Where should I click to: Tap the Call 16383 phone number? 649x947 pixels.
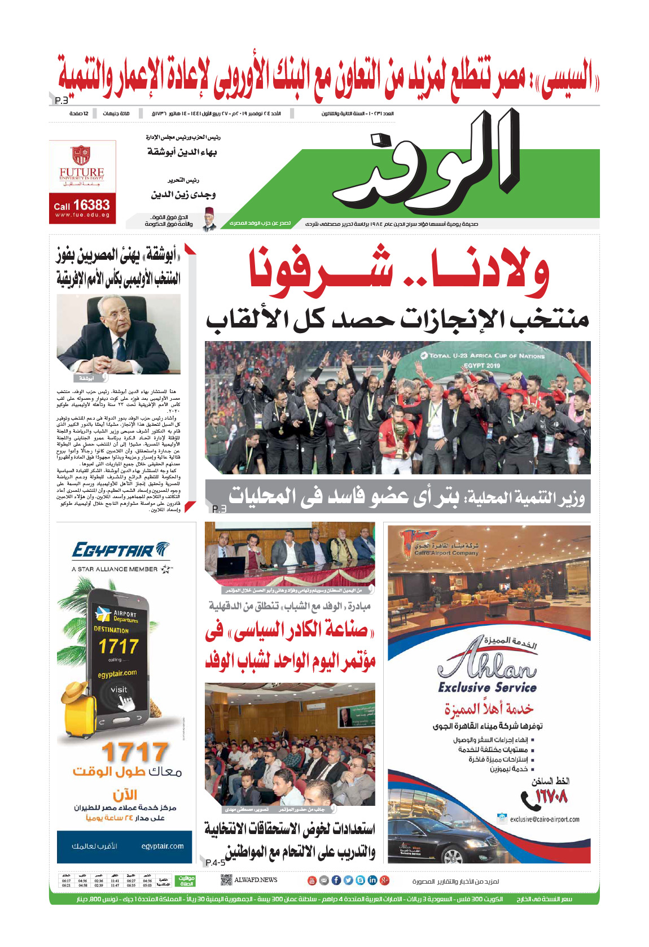click(82, 205)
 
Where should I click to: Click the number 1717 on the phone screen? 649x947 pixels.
click(118, 646)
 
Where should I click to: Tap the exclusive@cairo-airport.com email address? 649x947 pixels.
click(544, 819)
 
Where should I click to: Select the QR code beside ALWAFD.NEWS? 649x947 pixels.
click(226, 880)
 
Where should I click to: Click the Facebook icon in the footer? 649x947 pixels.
click(336, 880)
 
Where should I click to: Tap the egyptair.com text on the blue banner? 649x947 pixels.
click(163, 846)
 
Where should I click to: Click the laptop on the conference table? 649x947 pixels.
click(232, 564)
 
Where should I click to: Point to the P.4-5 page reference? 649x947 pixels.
click(215, 862)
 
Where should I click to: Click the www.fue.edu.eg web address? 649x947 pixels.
click(82, 215)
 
